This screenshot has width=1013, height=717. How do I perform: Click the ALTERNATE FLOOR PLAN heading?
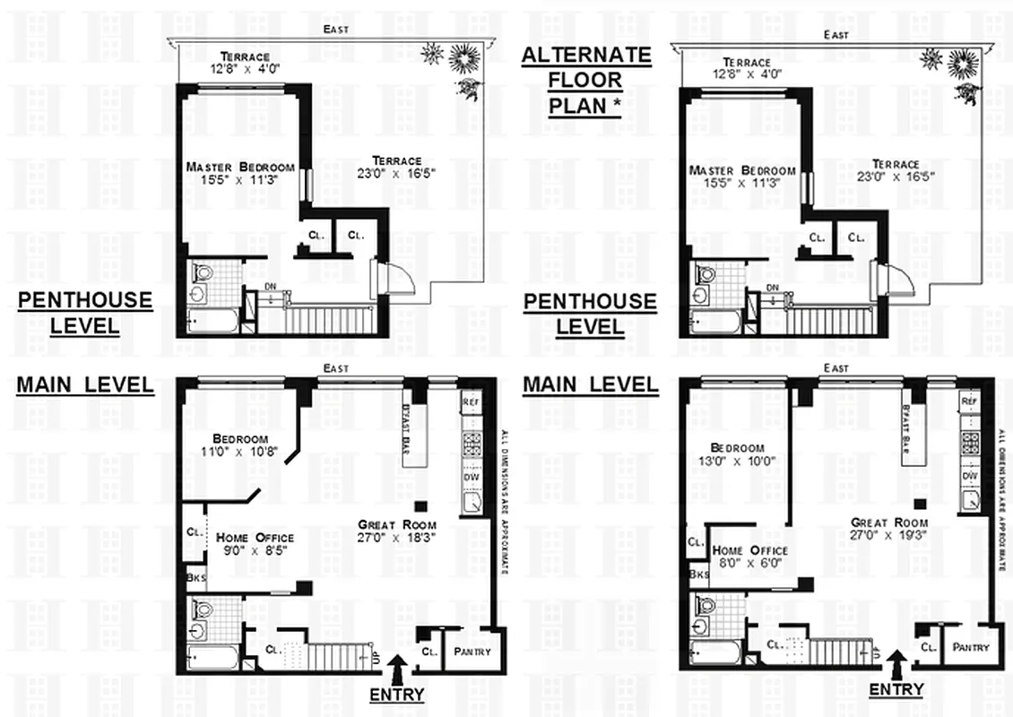point(586,80)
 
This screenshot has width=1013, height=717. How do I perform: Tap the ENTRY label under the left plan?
point(396,694)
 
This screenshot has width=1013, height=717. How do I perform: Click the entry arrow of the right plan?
point(896,663)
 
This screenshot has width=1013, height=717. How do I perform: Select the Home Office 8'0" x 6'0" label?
point(749,557)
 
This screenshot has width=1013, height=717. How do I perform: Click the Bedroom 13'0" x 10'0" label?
point(737,454)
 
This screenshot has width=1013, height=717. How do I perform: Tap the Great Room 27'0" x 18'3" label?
point(396,531)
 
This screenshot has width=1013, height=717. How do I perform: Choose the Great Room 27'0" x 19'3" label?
point(887,528)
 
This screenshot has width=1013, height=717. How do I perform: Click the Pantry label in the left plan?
point(472,652)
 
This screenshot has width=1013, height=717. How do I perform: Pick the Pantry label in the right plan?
point(970,647)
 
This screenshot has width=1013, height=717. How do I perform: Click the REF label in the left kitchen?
point(471,403)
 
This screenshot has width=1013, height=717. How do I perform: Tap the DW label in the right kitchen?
point(969,476)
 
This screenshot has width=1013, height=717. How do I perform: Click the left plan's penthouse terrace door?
point(393,279)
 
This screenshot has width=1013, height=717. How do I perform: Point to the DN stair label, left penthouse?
point(271,287)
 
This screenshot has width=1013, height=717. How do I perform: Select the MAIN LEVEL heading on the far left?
point(84,385)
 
